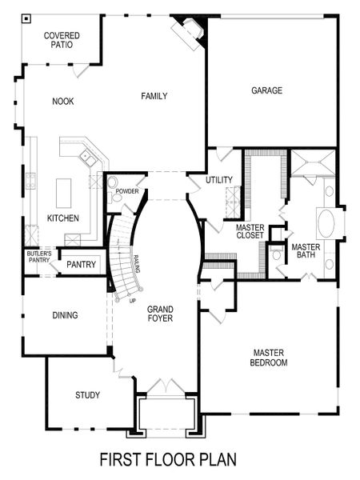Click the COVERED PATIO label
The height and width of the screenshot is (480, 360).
click(61, 40)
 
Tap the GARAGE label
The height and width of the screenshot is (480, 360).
click(266, 90)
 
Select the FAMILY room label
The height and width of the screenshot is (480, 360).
click(154, 97)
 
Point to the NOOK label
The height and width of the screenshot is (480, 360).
click(63, 102)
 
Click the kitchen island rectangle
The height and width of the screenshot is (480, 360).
click(63, 193)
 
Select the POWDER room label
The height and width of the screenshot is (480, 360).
click(127, 192)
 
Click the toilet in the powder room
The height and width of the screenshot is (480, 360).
click(113, 182)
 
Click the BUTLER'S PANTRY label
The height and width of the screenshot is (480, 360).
click(38, 258)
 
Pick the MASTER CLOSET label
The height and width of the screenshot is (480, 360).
click(250, 232)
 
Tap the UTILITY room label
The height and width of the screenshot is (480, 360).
click(219, 180)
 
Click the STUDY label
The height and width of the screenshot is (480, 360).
click(87, 395)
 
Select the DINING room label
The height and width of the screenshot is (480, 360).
click(65, 315)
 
